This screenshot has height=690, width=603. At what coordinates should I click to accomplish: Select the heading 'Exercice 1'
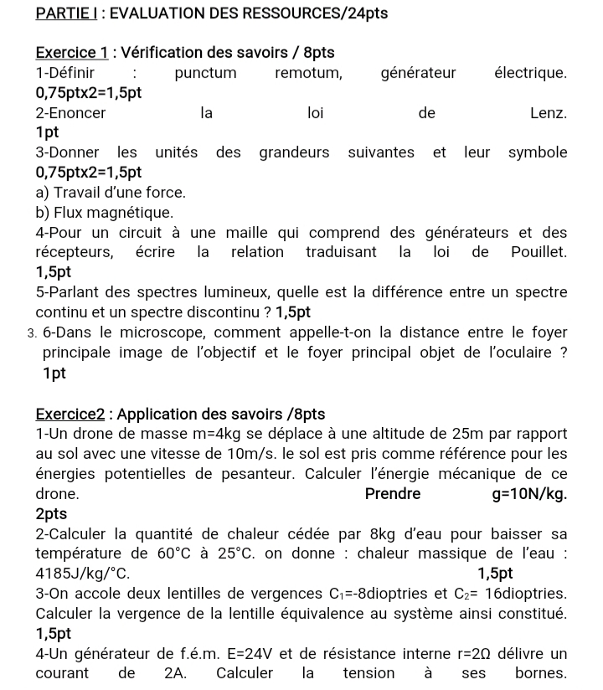[x=71, y=52]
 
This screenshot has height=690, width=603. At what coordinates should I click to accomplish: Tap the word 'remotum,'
[x=308, y=73]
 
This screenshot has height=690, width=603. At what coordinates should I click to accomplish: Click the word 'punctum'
[x=205, y=73]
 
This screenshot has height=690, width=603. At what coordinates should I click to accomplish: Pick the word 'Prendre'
[x=393, y=494]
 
